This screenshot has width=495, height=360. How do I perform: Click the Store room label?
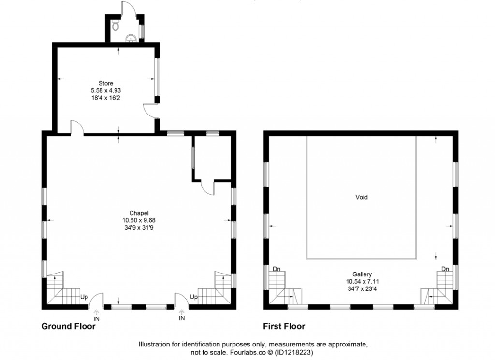pos(106,84)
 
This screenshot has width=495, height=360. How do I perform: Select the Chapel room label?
pos(138,213)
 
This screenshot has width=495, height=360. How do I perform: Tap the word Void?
pos(362,197)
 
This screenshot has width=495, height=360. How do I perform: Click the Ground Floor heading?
pos(68,326)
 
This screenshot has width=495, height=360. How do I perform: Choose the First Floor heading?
pos(284,326)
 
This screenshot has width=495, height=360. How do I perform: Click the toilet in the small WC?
pos(115,26)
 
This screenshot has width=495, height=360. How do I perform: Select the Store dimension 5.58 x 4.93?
pos(106,90)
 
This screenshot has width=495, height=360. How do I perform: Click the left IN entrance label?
pos(96,318)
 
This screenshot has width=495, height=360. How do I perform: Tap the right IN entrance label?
pos(182,318)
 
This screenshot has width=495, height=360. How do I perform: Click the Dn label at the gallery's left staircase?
pos(277,269)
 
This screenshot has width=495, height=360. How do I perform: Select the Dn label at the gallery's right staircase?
pos(445,269)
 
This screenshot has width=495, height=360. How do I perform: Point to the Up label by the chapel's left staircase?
pos(84,297)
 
